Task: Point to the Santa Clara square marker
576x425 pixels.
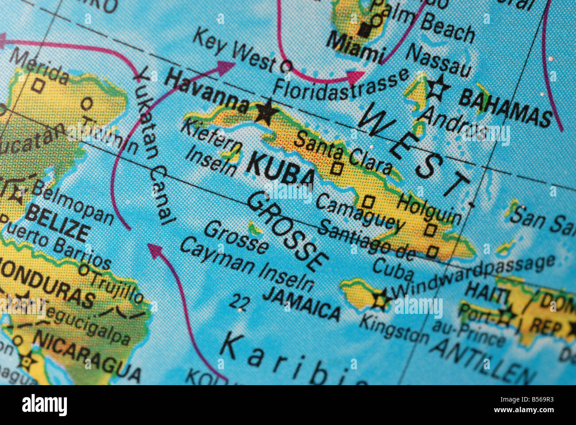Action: (337, 168)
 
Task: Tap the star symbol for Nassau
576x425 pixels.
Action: (436, 88)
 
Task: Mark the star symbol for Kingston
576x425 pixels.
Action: (380, 299)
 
